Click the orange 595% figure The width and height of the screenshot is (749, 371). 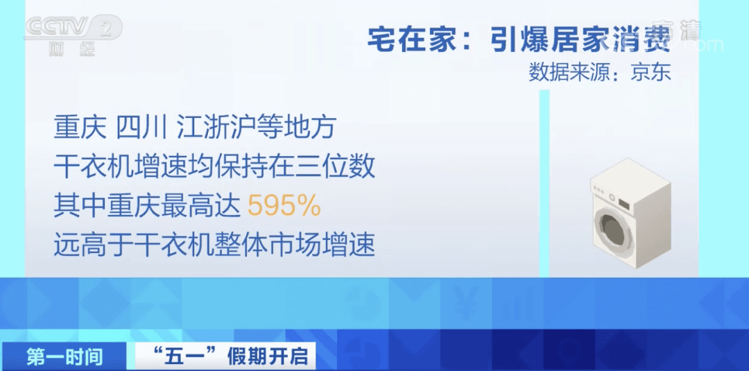pyautogui.click(x=284, y=206)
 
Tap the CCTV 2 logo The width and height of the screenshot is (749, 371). pyautogui.click(x=74, y=27)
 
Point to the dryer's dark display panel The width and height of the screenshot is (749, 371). pyautogui.click(x=624, y=202)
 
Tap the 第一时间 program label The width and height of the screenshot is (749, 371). pyautogui.click(x=64, y=356)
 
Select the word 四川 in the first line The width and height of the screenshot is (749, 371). pyautogui.click(x=141, y=128)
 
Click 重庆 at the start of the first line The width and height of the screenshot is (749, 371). pyautogui.click(x=80, y=128)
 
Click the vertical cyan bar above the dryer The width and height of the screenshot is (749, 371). pyautogui.click(x=544, y=183)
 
